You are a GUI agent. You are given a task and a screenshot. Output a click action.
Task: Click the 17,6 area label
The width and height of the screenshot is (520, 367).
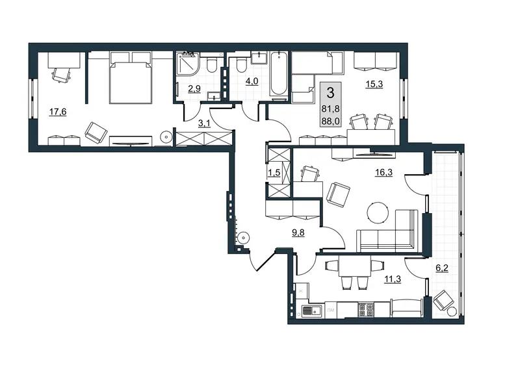tap(58, 112)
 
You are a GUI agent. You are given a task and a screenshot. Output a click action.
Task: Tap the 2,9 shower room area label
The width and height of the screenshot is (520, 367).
tap(194, 88)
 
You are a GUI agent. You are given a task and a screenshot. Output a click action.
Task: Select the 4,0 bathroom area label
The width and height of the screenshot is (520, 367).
tap(252, 81)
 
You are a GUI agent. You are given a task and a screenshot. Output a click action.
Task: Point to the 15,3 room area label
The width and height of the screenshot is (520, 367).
tap(374, 84)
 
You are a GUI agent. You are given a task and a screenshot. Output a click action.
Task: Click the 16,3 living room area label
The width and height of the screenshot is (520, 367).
tap(383, 172)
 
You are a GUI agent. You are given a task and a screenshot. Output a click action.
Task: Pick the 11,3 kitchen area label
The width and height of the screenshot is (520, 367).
tap(393, 279)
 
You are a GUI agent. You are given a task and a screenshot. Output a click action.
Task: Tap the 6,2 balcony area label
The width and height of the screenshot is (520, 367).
tap(442, 268)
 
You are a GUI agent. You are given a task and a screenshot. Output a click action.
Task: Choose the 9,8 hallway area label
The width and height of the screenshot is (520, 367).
tap(298, 233)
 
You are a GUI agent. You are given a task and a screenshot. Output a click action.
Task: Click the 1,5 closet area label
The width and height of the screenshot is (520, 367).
tap(274, 173)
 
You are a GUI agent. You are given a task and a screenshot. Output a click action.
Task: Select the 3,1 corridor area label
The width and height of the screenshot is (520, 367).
tap(204, 123)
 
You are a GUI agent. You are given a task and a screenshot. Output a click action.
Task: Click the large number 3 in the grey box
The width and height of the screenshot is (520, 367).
tap(330, 93)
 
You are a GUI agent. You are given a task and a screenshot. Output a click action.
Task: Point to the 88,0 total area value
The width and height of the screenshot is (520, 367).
tap(330, 121)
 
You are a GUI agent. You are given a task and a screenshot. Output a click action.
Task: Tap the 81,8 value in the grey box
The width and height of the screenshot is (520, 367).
tap(330, 108)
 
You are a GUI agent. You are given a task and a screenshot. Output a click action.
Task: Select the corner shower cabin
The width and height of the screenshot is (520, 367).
tap(187, 63)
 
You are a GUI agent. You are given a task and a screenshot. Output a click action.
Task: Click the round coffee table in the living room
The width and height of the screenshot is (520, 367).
tap(378, 213)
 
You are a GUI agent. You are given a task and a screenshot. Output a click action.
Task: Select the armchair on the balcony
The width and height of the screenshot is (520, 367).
tap(443, 299)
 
